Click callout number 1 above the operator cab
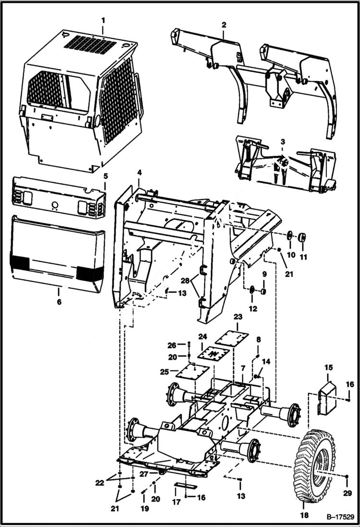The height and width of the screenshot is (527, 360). (x=102, y=21)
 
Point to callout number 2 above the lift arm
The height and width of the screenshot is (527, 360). (x=223, y=24)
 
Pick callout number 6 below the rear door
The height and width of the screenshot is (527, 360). (x=59, y=302)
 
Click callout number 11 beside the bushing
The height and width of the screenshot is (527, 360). (x=303, y=257)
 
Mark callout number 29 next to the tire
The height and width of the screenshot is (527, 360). (x=347, y=493)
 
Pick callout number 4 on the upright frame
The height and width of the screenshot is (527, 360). (x=139, y=172)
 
